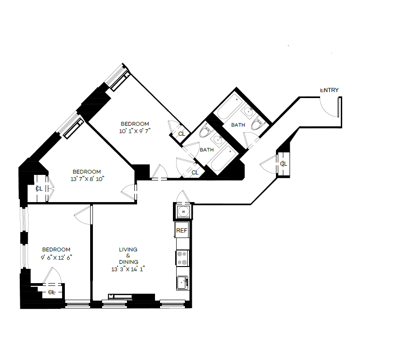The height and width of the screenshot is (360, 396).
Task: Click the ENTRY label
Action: coord(329,90)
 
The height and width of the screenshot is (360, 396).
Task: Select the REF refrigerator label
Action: coord(182,231)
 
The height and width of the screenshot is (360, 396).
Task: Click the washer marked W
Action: coord(183,212)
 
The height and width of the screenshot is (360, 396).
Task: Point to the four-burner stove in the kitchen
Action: coord(182,258)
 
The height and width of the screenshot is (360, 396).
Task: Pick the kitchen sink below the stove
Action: coord(182,282)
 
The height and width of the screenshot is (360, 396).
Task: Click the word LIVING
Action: coord(128,250)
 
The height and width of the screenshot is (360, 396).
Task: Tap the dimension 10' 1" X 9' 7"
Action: coord(135,130)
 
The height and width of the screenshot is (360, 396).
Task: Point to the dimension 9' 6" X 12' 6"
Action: coord(56,257)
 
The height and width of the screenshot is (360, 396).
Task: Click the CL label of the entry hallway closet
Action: coord(283,164)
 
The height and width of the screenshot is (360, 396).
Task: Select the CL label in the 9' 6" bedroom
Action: coord(52,292)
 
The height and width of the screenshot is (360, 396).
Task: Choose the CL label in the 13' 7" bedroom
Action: coord(39,188)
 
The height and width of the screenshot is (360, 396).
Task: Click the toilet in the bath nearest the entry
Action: coord(257,124)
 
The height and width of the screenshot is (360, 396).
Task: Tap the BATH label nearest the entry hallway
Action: coord(238,125)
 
